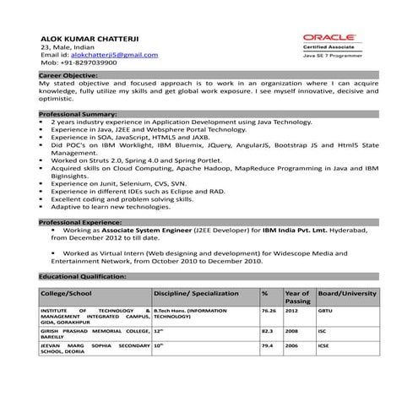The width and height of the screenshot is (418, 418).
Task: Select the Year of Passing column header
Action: click(298, 296)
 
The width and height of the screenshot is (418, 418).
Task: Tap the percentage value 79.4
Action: click(268, 346)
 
